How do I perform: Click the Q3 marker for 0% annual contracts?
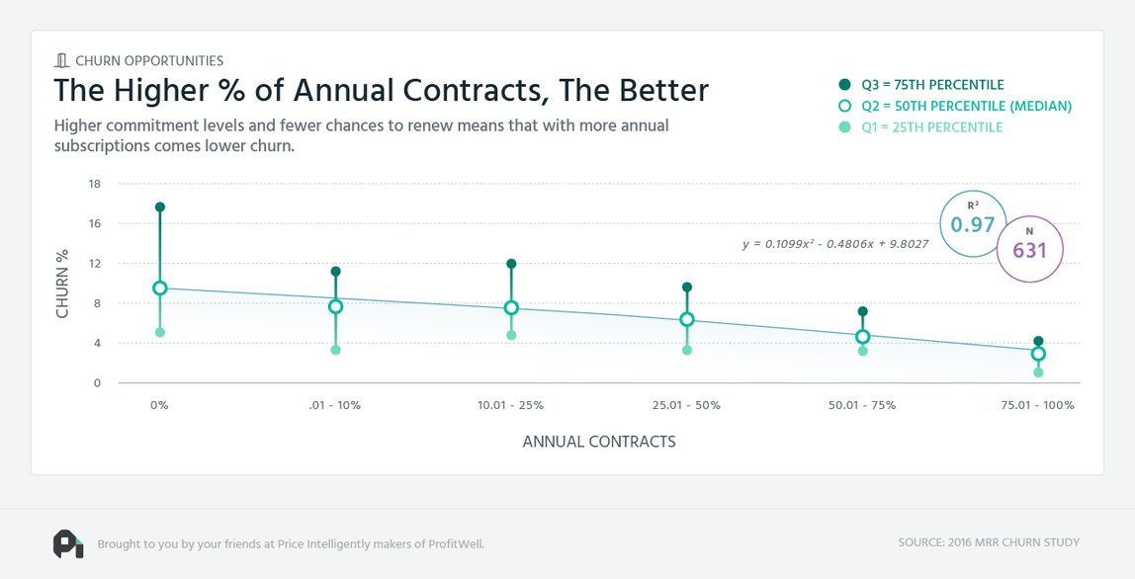(160, 207)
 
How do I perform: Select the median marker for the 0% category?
(160, 289)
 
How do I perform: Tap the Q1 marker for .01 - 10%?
(335, 350)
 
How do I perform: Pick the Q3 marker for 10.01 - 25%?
(511, 264)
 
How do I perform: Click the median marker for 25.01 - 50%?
(687, 319)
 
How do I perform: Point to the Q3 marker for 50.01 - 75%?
(862, 311)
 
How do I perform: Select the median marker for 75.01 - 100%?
(1038, 354)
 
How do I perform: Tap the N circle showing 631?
(1029, 249)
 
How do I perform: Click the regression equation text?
(834, 243)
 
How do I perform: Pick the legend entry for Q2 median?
(954, 106)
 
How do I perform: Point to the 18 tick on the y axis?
(95, 184)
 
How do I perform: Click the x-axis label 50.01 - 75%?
(862, 405)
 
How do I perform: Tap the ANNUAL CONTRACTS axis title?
(599, 442)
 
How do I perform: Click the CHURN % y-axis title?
(62, 283)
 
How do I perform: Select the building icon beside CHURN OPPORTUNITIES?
(61, 60)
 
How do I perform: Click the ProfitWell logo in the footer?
(67, 543)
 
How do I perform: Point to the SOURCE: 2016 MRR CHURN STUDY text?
(989, 542)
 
